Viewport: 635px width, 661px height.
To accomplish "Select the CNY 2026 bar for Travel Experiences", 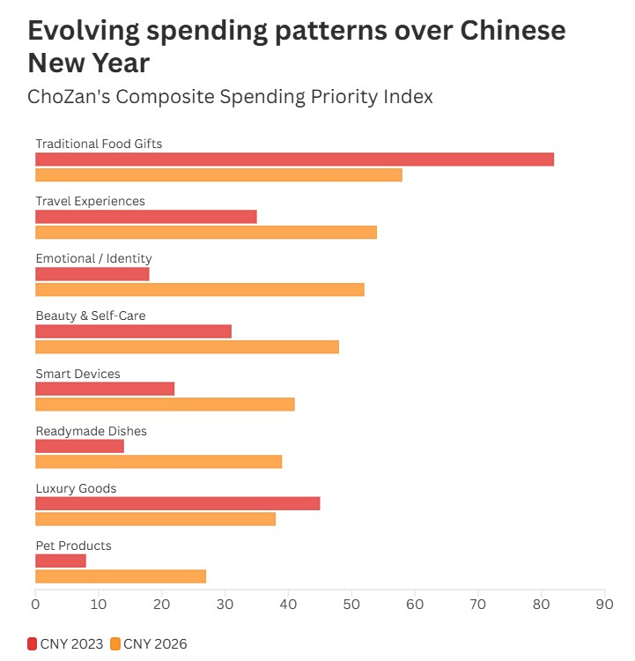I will point(206,232).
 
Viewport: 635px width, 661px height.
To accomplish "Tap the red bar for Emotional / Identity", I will point(92,274).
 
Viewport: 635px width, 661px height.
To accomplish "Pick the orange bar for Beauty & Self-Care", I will point(187,346).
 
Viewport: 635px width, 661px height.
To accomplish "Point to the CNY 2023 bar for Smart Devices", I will point(105,389).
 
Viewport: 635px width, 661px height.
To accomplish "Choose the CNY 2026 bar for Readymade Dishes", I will point(159,461).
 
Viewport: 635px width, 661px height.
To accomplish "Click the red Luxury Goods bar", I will point(177,503).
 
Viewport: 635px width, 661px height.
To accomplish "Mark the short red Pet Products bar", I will point(61,561).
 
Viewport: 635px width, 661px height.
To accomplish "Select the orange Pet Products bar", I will point(121,576).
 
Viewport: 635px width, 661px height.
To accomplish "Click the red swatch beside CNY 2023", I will point(33,643).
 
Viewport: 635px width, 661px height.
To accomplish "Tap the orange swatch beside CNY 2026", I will point(115,643).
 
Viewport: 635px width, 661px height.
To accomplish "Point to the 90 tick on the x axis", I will point(605,605).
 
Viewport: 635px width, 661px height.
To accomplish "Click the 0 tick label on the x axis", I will point(35,605).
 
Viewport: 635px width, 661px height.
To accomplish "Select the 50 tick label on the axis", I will point(351,605).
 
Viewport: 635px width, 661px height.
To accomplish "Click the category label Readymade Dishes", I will point(91,431).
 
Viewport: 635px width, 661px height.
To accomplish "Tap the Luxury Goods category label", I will point(76,488).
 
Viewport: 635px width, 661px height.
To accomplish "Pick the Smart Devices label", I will point(78,374).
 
